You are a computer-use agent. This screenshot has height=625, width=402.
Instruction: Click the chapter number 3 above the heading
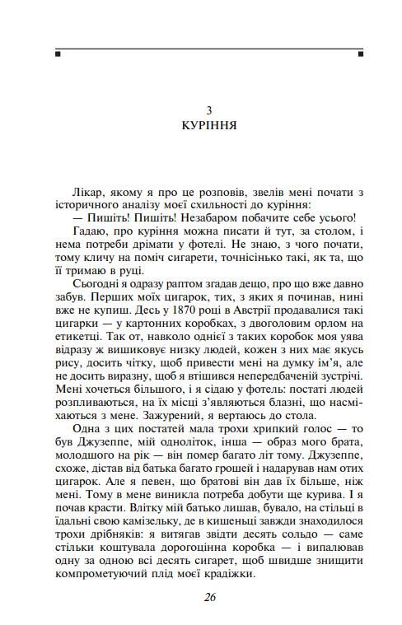[x=209, y=110]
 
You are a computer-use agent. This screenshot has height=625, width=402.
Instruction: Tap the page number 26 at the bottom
[x=209, y=598]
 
